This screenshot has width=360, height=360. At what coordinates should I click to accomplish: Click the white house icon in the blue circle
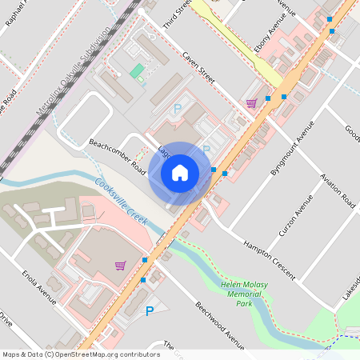coord(179,172)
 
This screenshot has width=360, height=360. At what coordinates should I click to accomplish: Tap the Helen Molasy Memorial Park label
coord(244,293)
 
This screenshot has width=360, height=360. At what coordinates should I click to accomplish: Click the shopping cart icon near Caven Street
coord(251,102)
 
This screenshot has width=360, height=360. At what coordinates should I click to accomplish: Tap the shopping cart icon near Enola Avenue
coord(120,265)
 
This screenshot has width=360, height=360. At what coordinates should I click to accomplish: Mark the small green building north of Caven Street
coord(136,71)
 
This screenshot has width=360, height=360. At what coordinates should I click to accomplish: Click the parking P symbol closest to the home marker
coord(206,150)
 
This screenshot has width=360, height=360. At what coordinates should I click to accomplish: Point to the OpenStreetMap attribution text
coord(80,354)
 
